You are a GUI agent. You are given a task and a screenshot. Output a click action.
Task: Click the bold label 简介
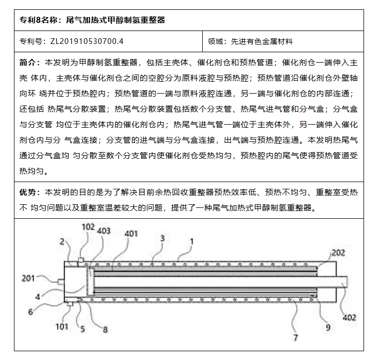pos(29,63)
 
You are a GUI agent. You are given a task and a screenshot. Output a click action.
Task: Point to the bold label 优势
pos(29,192)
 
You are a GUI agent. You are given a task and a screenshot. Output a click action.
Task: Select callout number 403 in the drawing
pos(103,231)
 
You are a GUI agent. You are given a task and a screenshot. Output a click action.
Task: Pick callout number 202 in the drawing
pos(338,252)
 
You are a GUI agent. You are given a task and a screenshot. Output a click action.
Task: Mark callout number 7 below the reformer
pos(296,338)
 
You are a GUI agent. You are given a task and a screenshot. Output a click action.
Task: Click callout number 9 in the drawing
pos(327,327)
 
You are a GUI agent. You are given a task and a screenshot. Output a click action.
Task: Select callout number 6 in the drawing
pos(31,312)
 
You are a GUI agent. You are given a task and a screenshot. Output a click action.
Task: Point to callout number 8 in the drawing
pos(105,329)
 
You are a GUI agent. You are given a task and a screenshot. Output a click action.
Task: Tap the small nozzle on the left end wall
pos(60,281)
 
